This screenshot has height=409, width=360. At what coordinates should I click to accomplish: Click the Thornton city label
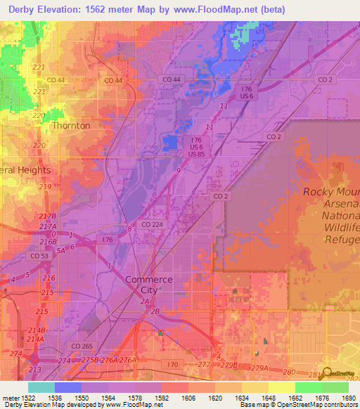tap(72, 126)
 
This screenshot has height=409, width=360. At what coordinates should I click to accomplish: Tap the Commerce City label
tap(148, 285)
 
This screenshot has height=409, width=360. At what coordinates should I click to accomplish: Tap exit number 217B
tap(48, 216)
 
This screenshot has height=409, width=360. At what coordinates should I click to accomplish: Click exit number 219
tap(46, 187)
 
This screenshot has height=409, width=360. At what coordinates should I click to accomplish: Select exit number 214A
tap(35, 339)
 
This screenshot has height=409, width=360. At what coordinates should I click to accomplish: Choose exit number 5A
tap(61, 249)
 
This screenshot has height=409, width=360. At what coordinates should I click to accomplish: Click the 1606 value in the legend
tap(188, 397)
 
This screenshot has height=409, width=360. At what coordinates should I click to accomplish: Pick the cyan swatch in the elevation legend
tap(41, 387)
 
